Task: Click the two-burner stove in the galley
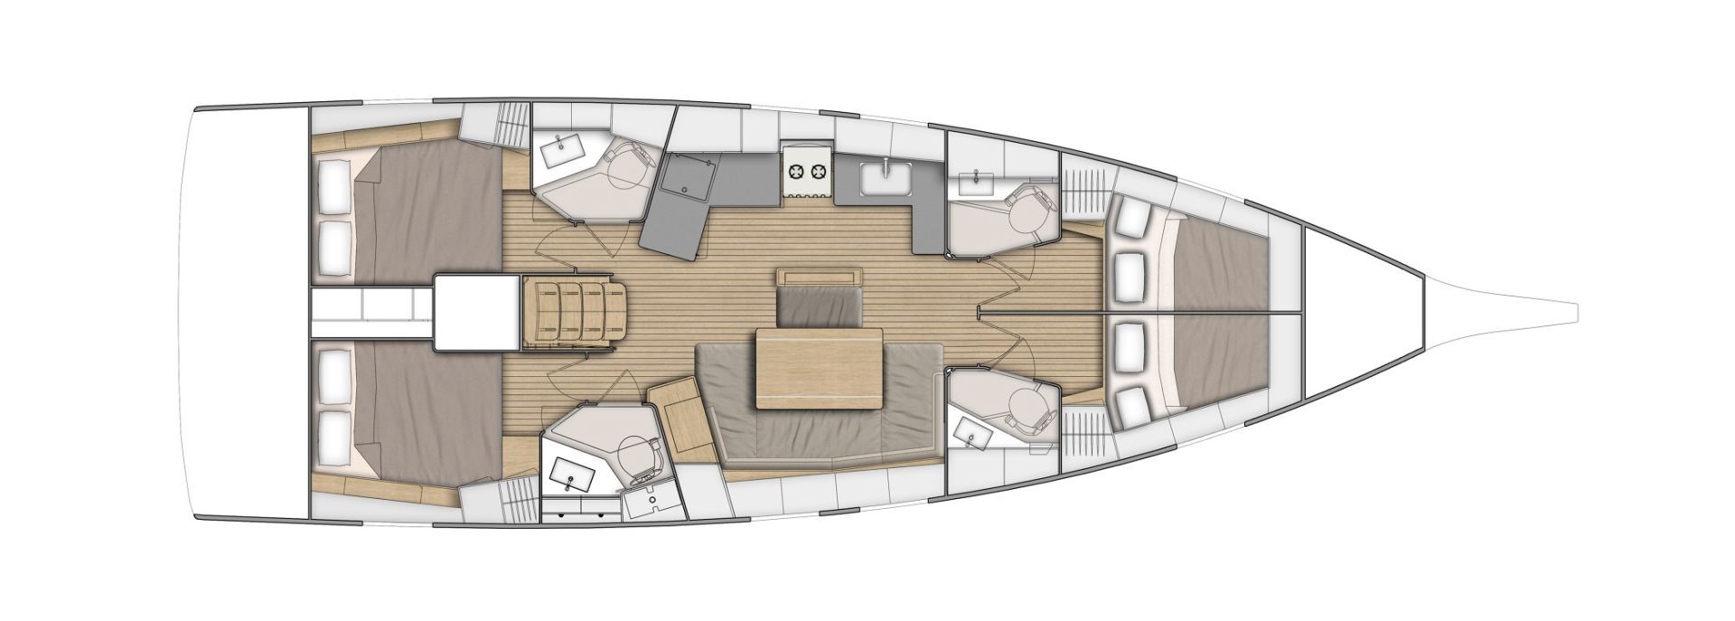click(806, 170)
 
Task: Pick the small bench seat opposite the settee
click(818, 306)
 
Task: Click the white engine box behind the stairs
click(470, 312)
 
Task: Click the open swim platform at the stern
click(244, 311)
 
